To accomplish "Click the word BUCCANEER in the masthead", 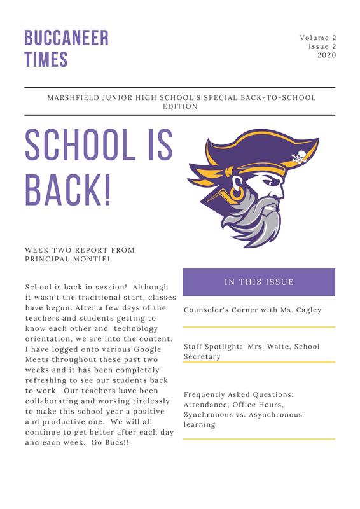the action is [x=66, y=38].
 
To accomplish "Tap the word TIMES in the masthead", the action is [x=46, y=60].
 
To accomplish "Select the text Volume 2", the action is [x=317, y=39].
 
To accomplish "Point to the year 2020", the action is [x=326, y=56].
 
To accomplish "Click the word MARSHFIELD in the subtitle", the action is [x=73, y=97].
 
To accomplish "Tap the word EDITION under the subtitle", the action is [x=179, y=106].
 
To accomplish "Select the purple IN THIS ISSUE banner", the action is [x=258, y=282].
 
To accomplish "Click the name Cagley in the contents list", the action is [x=304, y=310].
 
